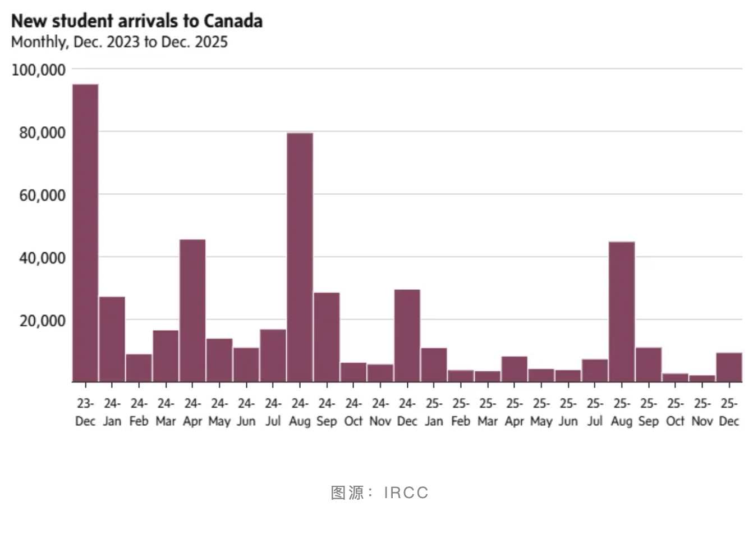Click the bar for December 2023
click(85, 233)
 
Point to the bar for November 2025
click(702, 379)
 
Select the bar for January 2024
click(112, 339)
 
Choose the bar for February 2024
click(139, 368)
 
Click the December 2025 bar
click(729, 367)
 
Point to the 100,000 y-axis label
click(39, 70)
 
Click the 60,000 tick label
click(42, 195)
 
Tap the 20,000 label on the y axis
click(42, 321)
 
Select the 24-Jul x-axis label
click(273, 412)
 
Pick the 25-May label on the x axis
click(541, 412)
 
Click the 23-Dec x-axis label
click(85, 412)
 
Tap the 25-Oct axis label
click(675, 412)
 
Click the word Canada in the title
click(233, 21)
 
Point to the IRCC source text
click(406, 493)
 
